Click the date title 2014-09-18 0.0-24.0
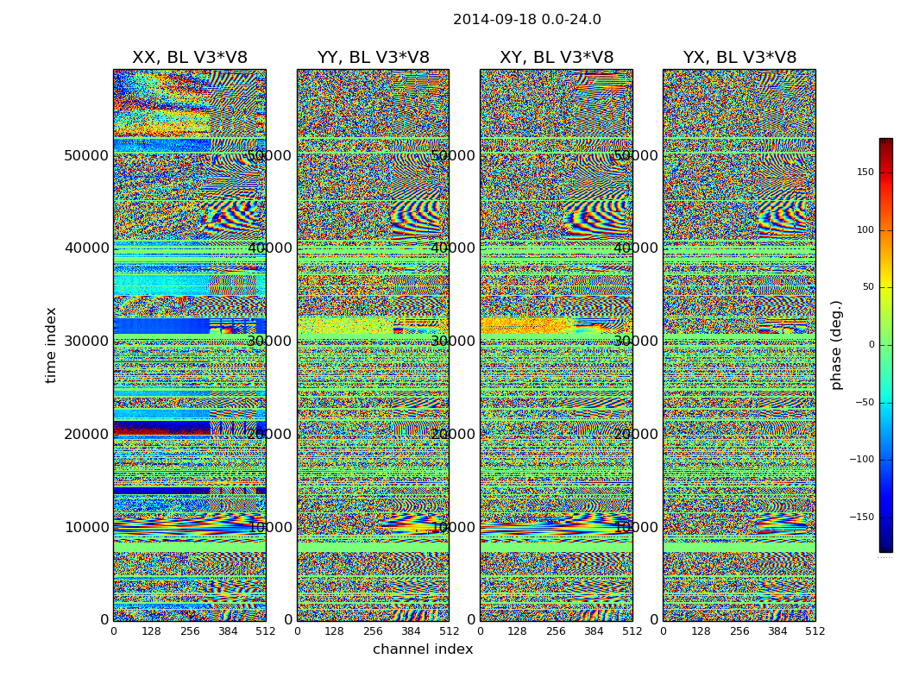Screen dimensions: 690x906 tap(526, 20)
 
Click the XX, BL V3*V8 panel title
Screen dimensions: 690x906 tap(189, 58)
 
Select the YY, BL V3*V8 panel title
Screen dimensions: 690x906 tap(373, 58)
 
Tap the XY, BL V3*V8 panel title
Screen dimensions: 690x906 tap(557, 58)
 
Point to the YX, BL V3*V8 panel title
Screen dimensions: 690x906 tap(739, 58)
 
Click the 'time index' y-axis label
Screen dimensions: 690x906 tap(52, 345)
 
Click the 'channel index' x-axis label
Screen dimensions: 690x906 tap(423, 649)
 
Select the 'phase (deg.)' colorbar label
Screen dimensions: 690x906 tap(836, 345)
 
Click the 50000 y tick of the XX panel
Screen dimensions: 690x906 tap(86, 155)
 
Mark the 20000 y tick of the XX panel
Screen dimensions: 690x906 tap(86, 434)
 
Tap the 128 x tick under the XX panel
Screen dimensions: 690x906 tap(151, 631)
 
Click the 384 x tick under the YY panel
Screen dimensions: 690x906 tap(411, 631)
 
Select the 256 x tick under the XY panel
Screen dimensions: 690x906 tap(556, 631)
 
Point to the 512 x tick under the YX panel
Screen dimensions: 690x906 tap(815, 631)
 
